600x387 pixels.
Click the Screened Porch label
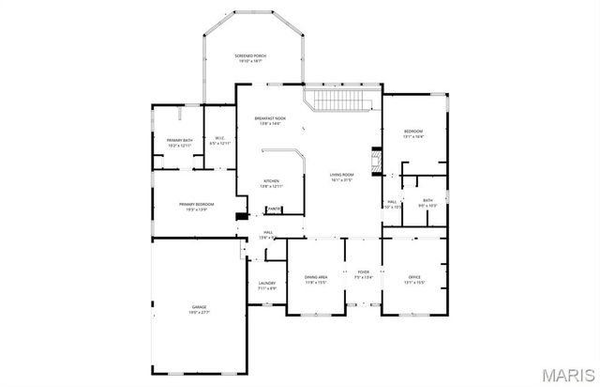coord(250,56)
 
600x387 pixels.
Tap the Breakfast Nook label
coord(271,118)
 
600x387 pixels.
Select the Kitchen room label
coord(271,180)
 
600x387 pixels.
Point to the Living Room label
coord(341,175)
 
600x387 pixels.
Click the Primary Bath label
coord(179,141)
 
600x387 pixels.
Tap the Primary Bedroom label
coord(197,205)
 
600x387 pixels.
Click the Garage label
coord(199,306)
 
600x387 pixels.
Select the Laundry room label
coord(267,283)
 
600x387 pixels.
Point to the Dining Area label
coord(316,277)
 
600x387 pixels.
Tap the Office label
coord(414,277)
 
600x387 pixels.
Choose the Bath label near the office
coord(427,200)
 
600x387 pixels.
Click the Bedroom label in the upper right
coord(413,131)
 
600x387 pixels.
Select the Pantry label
coord(274,209)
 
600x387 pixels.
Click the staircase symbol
coord(342,100)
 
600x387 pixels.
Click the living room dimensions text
coord(341,180)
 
